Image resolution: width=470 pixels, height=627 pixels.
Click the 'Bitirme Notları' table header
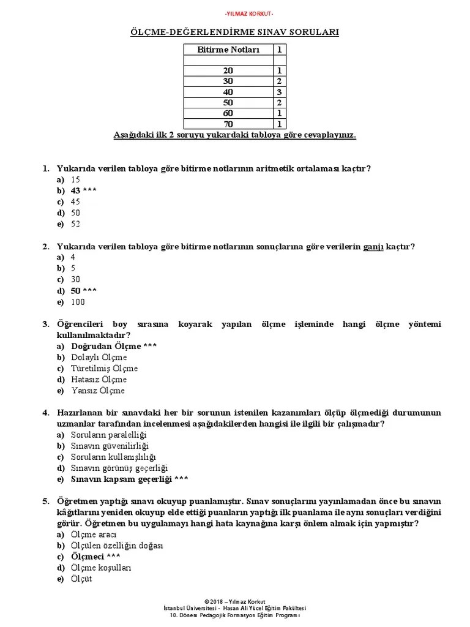tap(228, 50)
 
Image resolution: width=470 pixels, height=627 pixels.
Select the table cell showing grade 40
tap(228, 92)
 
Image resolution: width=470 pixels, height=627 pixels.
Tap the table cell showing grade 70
tap(228, 124)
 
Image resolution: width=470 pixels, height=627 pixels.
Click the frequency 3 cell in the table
tap(279, 92)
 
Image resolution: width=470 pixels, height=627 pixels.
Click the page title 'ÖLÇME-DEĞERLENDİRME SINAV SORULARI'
tap(235, 31)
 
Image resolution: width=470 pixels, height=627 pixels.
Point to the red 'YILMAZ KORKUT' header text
tap(235, 13)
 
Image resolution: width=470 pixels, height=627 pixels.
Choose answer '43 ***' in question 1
tap(83, 191)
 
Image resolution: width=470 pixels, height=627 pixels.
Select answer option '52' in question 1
tap(76, 224)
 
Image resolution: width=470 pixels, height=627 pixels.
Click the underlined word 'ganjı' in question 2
tap(373, 247)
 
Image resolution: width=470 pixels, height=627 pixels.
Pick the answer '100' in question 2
tap(78, 302)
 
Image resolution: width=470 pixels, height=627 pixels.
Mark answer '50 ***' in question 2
tap(83, 291)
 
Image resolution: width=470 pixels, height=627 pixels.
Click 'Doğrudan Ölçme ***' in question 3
tap(114, 347)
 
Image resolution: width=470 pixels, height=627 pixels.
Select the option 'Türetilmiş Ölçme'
tap(104, 369)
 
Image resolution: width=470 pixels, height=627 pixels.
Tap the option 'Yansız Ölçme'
tap(97, 391)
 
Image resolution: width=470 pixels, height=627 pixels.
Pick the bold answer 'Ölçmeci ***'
tap(95, 557)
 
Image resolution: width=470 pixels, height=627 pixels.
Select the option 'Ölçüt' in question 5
tap(81, 579)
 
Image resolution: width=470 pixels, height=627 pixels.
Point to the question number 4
tap(46, 413)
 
